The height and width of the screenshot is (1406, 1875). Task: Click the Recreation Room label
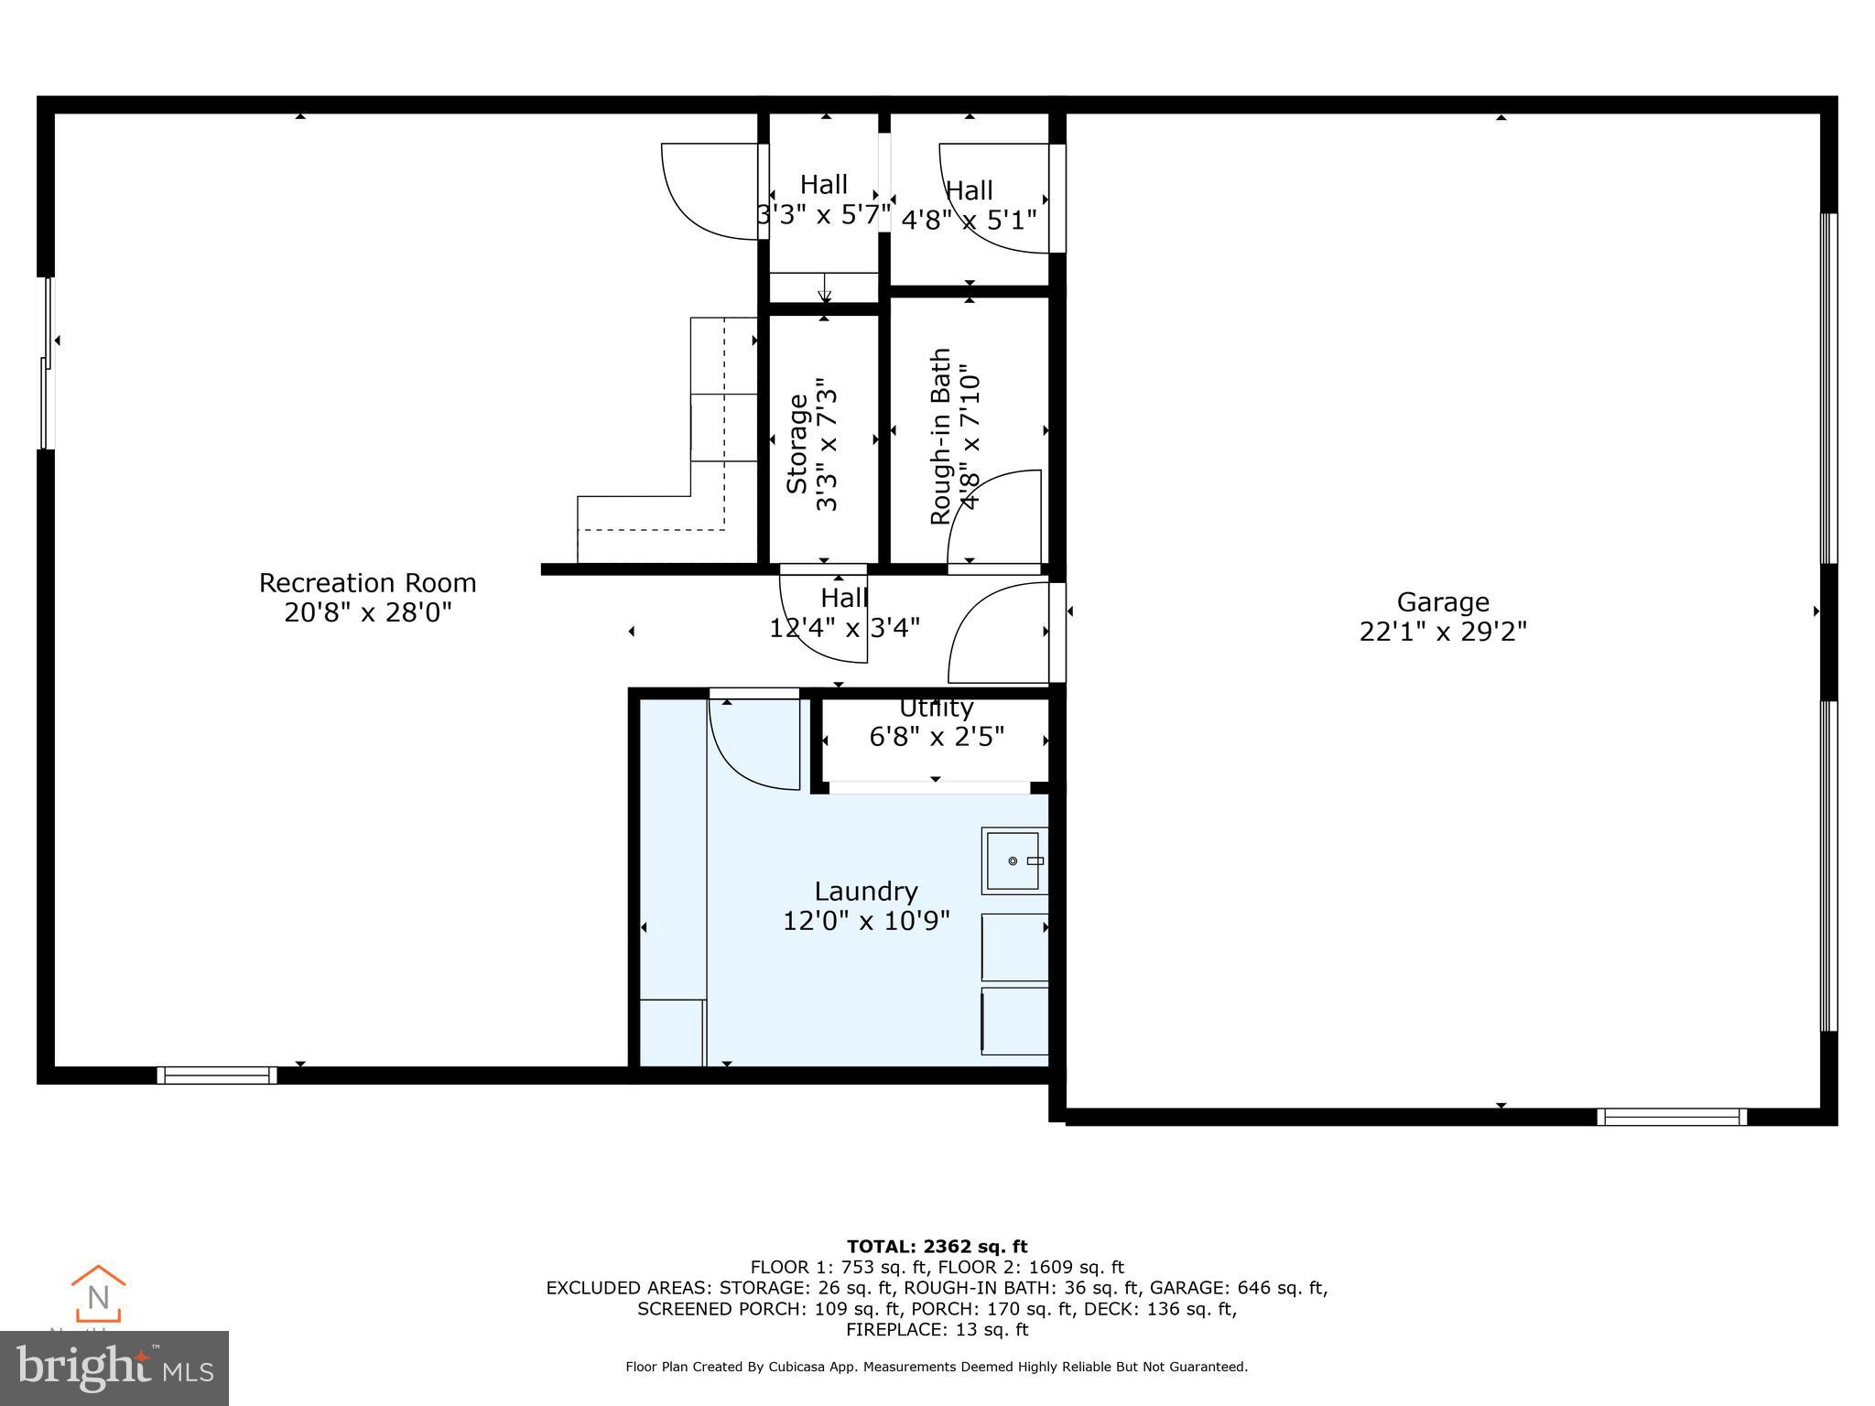(x=367, y=583)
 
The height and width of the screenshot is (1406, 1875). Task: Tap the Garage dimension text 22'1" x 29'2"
(x=1443, y=632)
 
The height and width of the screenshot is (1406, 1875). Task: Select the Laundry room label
(x=865, y=891)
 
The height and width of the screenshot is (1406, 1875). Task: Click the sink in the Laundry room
(x=1013, y=860)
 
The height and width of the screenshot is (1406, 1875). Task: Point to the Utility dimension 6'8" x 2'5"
(x=936, y=737)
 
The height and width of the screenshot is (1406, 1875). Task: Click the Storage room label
(x=797, y=443)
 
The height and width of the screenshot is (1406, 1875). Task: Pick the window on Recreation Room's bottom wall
(x=217, y=1075)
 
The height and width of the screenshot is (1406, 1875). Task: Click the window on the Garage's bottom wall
(x=1671, y=1117)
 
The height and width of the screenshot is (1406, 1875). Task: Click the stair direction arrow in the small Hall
(x=824, y=291)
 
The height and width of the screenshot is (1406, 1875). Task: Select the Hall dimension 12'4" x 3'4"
(x=844, y=627)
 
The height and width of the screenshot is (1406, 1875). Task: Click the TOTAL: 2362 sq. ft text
(x=937, y=1246)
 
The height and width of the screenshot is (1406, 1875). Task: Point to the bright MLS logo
(x=114, y=1368)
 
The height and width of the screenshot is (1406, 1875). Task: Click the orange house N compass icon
(x=98, y=1293)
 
